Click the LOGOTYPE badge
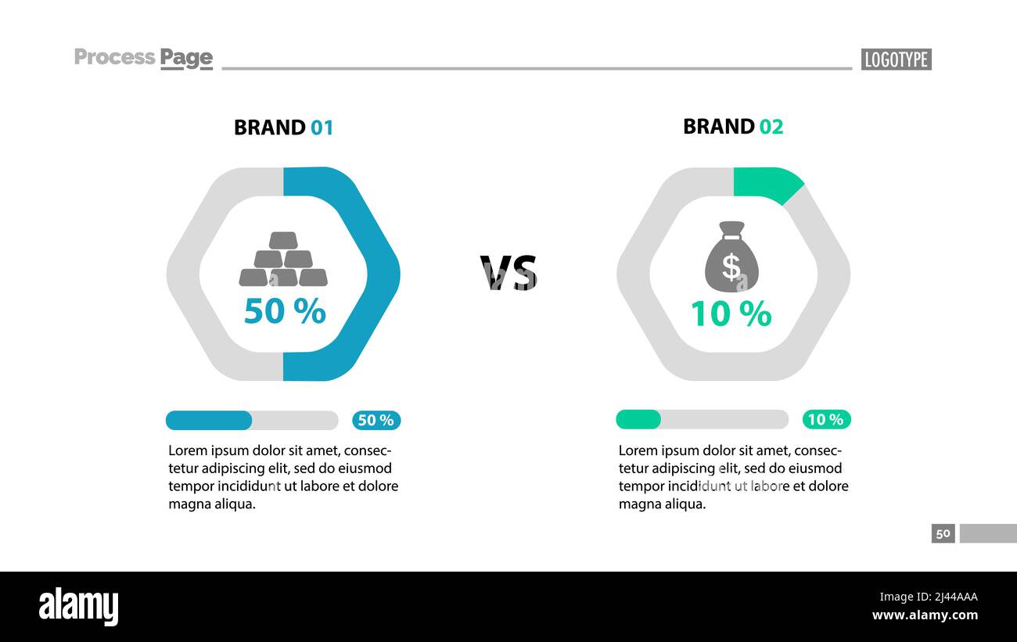[x=896, y=59]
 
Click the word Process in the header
[x=114, y=57]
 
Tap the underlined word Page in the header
[x=186, y=58]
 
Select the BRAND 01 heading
[x=283, y=127]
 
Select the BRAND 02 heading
[x=733, y=127]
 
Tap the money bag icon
[x=731, y=256]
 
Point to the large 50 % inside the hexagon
[x=284, y=311]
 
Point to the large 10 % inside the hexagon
[x=731, y=314]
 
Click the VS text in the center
[x=508, y=273]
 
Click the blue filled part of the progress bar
[x=209, y=421]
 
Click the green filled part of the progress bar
[x=638, y=420]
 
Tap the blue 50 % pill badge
[x=376, y=421]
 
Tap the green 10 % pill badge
[x=826, y=420]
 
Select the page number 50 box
[x=943, y=533]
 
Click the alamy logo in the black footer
[x=79, y=607]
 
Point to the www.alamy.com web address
[x=925, y=615]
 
